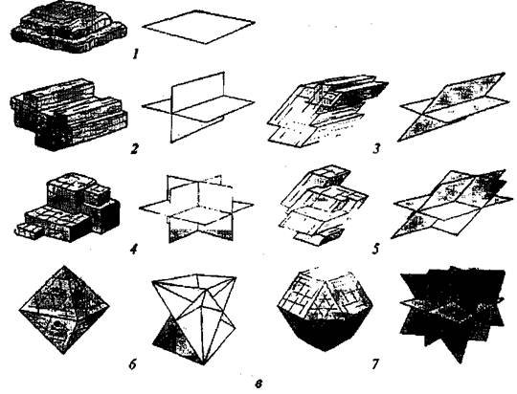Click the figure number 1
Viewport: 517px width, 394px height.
(x=135, y=54)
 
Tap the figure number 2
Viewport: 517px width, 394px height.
(x=133, y=149)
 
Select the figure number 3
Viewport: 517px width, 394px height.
(x=376, y=149)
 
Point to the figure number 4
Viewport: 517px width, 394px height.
(x=133, y=249)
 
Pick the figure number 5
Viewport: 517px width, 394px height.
(x=375, y=249)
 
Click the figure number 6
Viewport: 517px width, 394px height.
(x=132, y=364)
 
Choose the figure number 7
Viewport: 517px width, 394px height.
(x=375, y=364)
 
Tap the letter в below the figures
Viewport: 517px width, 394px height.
(x=258, y=383)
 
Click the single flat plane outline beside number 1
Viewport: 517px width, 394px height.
(x=198, y=27)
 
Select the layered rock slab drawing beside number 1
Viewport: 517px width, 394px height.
(x=69, y=27)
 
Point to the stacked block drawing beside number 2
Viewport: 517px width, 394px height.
(x=69, y=114)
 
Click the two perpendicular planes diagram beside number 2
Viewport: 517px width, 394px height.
(x=198, y=107)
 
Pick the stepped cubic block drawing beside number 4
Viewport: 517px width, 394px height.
(x=68, y=207)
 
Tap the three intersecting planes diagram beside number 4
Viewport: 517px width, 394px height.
(x=196, y=208)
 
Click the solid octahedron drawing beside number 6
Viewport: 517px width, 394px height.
(x=64, y=310)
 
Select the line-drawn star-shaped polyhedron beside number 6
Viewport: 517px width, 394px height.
(x=194, y=319)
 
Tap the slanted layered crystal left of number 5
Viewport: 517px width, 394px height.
(x=324, y=206)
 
